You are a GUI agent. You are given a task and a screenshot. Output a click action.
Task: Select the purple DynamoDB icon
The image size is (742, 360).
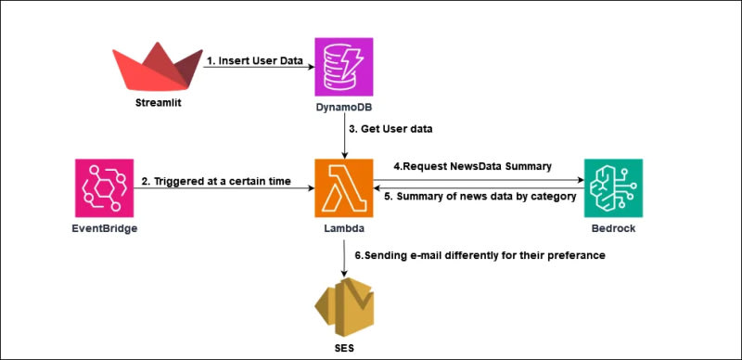343,67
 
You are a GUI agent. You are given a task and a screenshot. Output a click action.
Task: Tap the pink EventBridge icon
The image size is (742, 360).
105,188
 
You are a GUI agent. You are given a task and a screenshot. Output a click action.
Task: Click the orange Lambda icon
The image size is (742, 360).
343,188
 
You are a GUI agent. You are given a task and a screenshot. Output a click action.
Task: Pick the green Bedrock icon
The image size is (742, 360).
613,188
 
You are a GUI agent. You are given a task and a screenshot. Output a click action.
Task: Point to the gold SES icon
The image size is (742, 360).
344,306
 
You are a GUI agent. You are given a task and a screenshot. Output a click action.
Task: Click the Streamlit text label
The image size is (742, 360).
158,102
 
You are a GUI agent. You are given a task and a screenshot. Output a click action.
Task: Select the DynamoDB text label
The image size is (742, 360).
343,108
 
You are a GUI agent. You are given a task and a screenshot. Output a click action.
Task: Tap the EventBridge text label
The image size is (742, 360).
105,229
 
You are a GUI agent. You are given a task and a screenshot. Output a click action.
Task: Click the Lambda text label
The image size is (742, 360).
344,229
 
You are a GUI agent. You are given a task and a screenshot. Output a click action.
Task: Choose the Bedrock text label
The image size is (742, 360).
613,229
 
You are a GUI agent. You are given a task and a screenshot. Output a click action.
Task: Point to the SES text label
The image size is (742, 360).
344,349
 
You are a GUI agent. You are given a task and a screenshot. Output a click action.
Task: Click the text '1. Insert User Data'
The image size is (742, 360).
254,60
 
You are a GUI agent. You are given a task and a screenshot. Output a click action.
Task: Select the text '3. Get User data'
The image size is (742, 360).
391,129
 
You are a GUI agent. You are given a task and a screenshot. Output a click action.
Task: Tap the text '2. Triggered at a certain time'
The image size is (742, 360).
216,181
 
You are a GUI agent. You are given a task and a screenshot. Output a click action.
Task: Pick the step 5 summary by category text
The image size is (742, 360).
480,197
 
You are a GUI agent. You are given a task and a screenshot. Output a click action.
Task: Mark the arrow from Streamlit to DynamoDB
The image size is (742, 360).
259,67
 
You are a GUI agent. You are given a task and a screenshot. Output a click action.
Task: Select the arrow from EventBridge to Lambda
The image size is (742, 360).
224,188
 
